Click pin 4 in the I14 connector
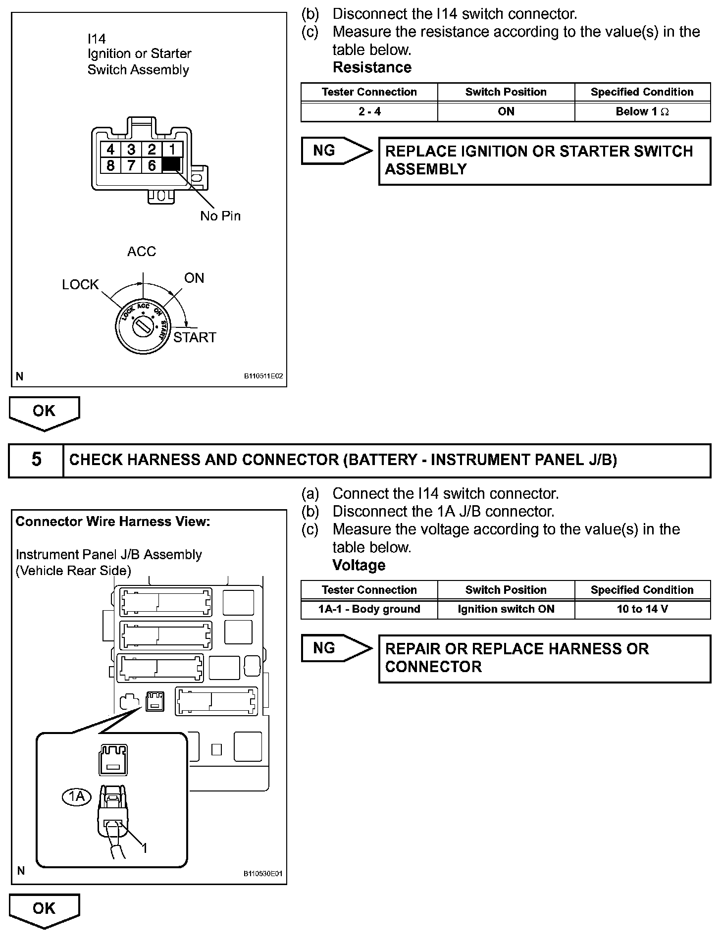click(x=110, y=150)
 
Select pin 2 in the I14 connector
click(x=152, y=150)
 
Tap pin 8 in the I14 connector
click(x=110, y=165)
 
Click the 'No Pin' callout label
click(x=220, y=216)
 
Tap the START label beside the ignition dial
click(x=195, y=338)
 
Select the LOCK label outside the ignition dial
click(x=80, y=285)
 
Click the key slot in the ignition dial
click(x=142, y=326)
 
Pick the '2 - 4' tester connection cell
click(x=369, y=112)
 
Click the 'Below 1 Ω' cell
click(x=642, y=112)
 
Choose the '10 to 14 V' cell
click(x=642, y=609)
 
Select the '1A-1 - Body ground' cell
click(x=369, y=609)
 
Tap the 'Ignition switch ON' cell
click(x=506, y=609)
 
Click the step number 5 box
click(x=36, y=460)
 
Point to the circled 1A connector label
click(x=77, y=796)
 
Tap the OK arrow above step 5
click(x=44, y=412)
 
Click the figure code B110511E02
click(x=263, y=376)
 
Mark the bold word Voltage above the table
click(x=359, y=565)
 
